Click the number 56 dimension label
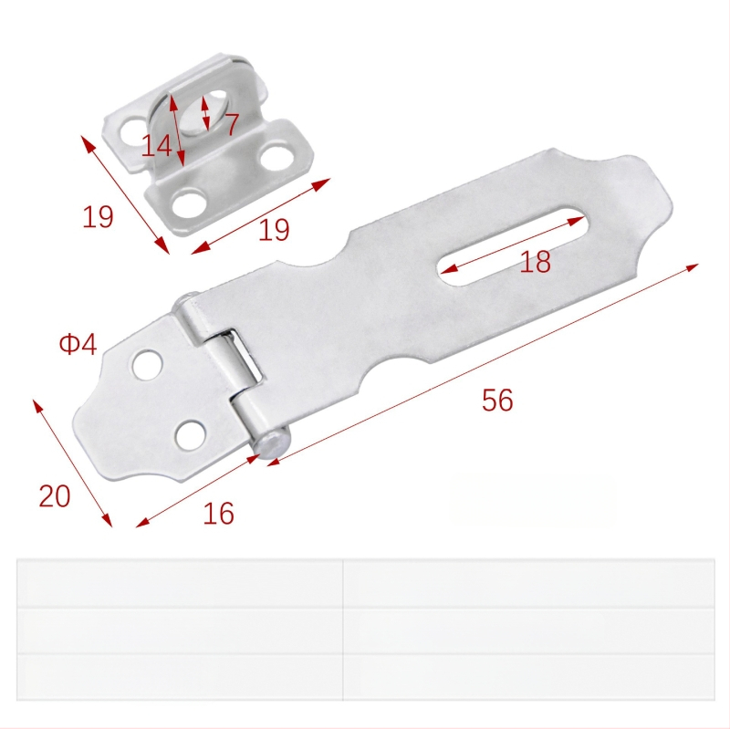(x=497, y=400)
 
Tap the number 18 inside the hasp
(x=535, y=262)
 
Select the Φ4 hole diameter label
(x=78, y=345)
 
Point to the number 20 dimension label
(x=55, y=495)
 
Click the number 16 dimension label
(x=218, y=514)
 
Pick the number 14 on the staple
(x=156, y=145)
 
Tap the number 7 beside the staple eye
(x=232, y=124)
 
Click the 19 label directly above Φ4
(x=98, y=217)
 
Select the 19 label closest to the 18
(x=274, y=230)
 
